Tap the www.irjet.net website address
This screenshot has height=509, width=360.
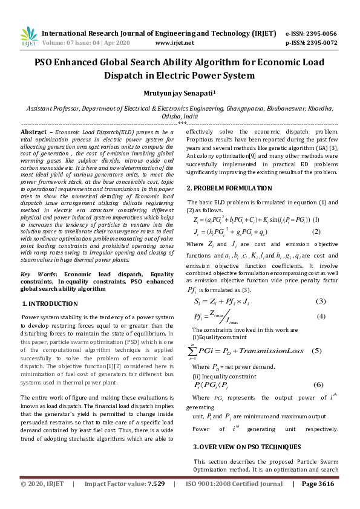click(174, 43)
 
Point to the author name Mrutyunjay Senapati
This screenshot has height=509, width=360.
click(179, 94)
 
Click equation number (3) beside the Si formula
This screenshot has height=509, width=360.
click(321, 301)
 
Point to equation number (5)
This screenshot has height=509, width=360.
click(316, 351)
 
